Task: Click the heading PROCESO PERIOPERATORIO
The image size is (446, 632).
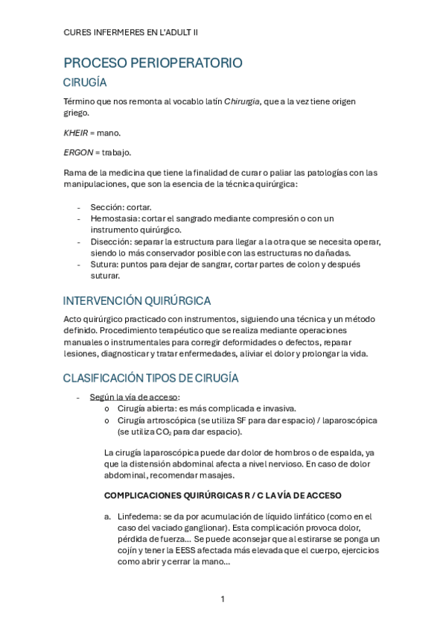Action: click(x=153, y=63)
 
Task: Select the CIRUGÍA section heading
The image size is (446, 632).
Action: click(x=86, y=83)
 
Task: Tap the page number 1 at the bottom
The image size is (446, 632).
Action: click(x=223, y=598)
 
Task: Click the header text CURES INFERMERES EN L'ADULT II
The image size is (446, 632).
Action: click(x=130, y=33)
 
